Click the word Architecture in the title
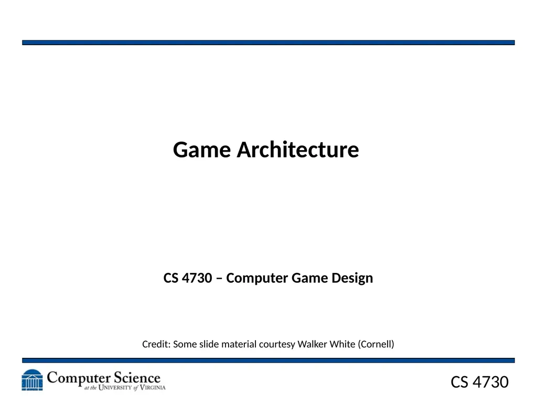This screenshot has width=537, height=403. coord(298,150)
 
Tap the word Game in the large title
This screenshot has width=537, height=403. coord(202,150)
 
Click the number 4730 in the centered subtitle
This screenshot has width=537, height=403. coord(197,278)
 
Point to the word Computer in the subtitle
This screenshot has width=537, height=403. coord(257,278)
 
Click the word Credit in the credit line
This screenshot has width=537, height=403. coord(156,344)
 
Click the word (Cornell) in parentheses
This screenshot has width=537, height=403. coord(376,344)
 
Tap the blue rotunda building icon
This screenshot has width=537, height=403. coord(32,380)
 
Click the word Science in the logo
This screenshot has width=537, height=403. coord(137,378)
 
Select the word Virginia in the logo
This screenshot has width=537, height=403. coord(153,388)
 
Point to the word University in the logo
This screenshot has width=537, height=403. coord(115,388)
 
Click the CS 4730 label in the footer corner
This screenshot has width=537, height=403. coord(479,382)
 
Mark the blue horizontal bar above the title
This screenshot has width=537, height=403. coord(268,43)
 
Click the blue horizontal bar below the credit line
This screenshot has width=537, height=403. coord(268,360)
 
